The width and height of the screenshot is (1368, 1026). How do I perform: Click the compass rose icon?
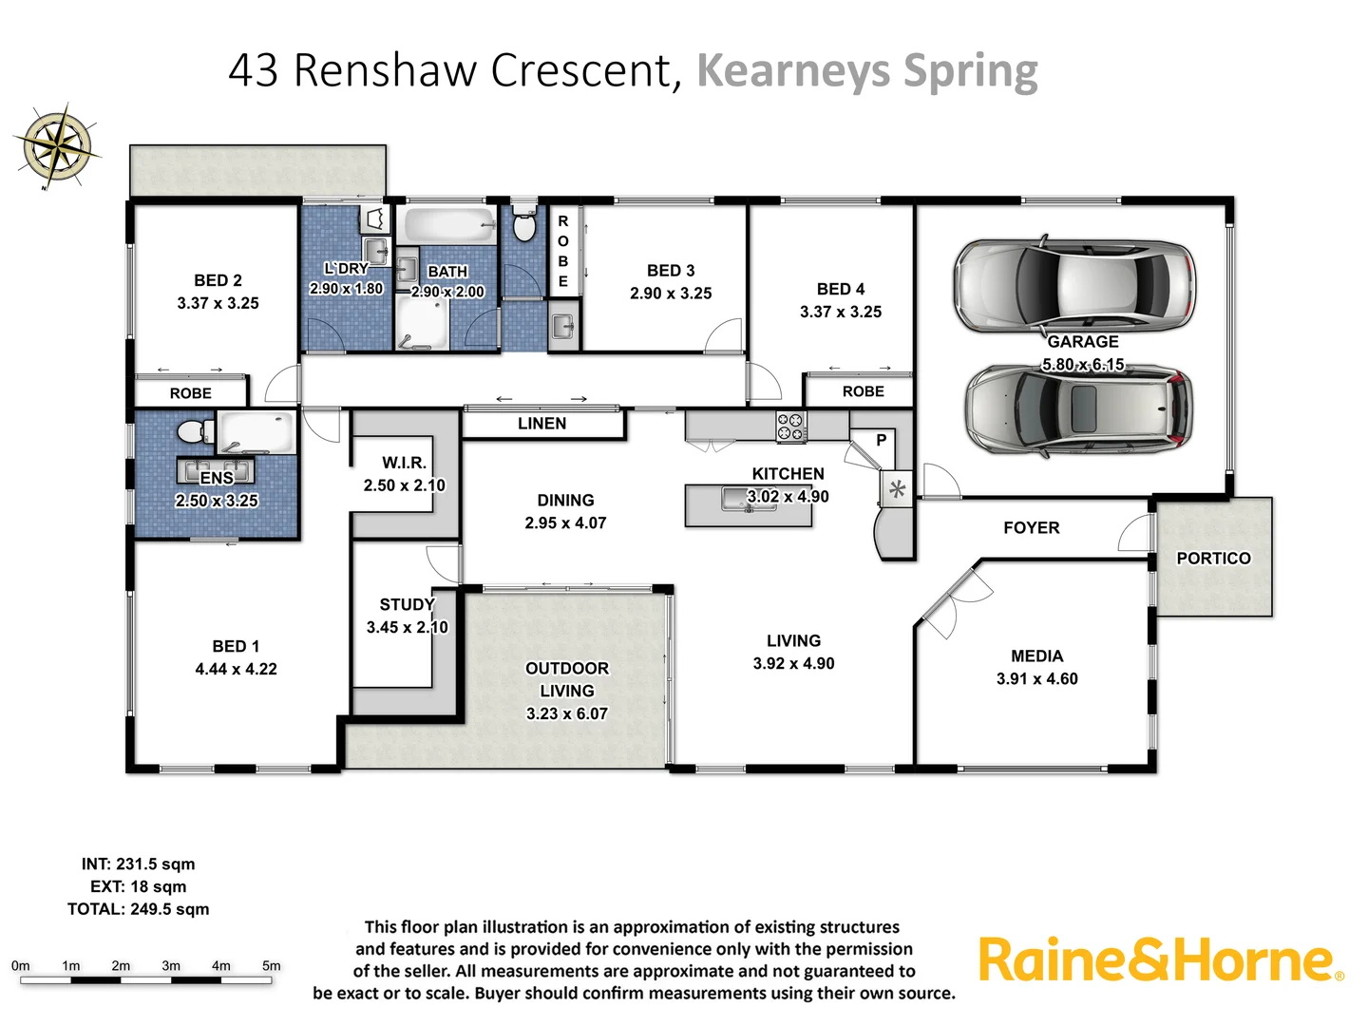point(58,146)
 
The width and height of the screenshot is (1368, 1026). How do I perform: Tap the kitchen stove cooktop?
point(790,427)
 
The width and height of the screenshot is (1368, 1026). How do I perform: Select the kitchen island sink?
point(737,498)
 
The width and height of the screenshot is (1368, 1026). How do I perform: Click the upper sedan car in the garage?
point(1073,285)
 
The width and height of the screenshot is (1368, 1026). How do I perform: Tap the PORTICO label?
point(1213,559)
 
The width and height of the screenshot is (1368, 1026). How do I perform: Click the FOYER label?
point(1031,528)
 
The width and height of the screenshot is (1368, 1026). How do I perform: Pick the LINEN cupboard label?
point(541,424)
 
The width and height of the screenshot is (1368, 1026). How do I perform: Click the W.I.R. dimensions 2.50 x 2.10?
point(404,485)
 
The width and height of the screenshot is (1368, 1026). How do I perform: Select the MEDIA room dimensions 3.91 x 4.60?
point(1036,679)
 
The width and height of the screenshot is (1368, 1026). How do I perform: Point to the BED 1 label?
point(236,646)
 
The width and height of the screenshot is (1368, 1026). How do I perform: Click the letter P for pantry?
point(881,441)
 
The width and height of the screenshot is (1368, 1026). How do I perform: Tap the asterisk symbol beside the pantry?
point(897,490)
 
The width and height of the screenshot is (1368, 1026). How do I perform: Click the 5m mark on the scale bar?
point(272,966)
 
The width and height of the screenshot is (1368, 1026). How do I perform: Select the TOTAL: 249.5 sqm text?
point(139,909)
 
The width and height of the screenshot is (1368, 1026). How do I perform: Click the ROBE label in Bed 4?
point(863,391)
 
